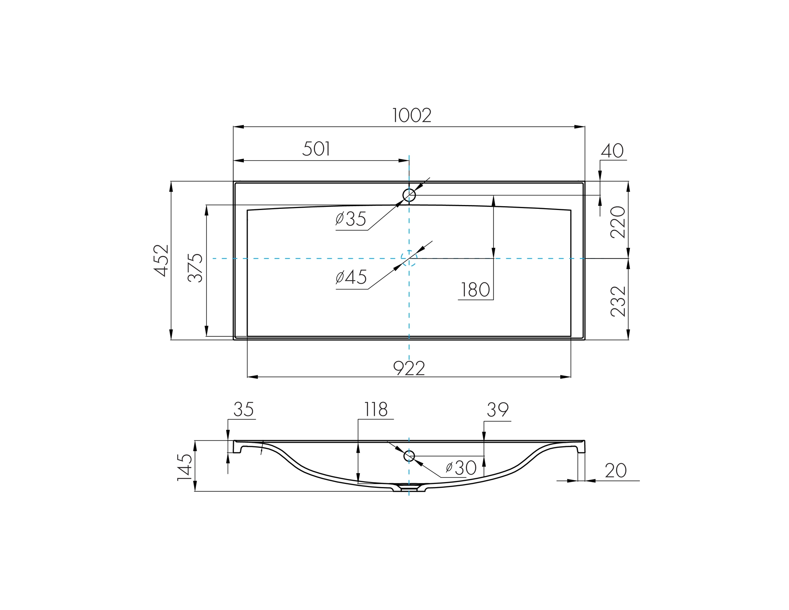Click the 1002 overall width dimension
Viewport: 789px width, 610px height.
pyautogui.click(x=412, y=116)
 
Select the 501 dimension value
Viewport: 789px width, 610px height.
pyautogui.click(x=316, y=149)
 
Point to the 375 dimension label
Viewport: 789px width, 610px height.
pyautogui.click(x=195, y=268)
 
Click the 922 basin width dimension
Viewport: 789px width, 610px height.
pyautogui.click(x=409, y=369)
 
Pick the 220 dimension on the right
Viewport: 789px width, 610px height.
pyautogui.click(x=618, y=222)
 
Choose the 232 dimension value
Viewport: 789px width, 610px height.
pyautogui.click(x=618, y=301)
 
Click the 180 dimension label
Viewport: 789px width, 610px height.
pyautogui.click(x=475, y=290)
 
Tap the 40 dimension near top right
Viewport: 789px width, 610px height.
pyautogui.click(x=612, y=151)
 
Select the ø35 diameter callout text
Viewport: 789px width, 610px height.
pyautogui.click(x=351, y=219)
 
